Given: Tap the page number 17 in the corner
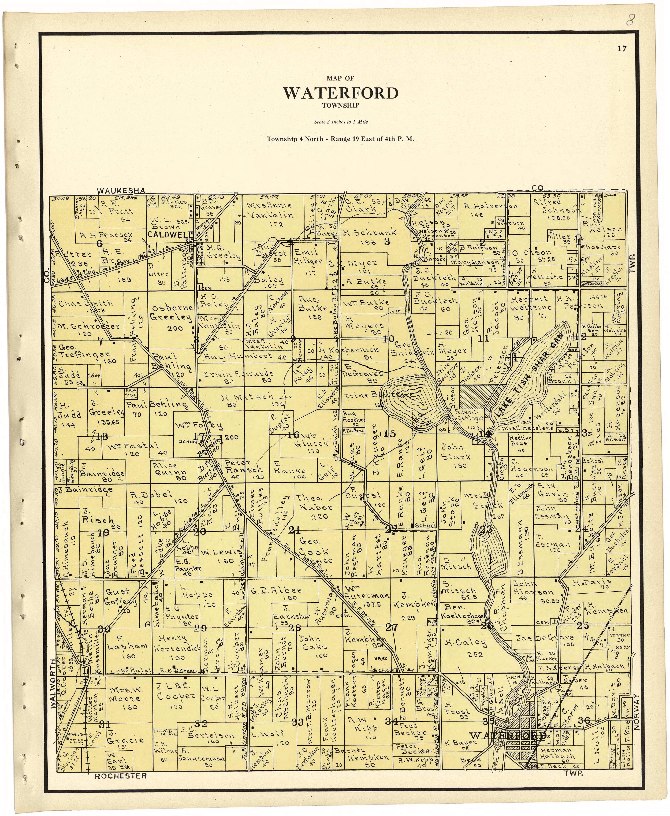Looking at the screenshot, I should pos(622,49).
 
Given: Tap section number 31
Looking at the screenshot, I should pos(104,723).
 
